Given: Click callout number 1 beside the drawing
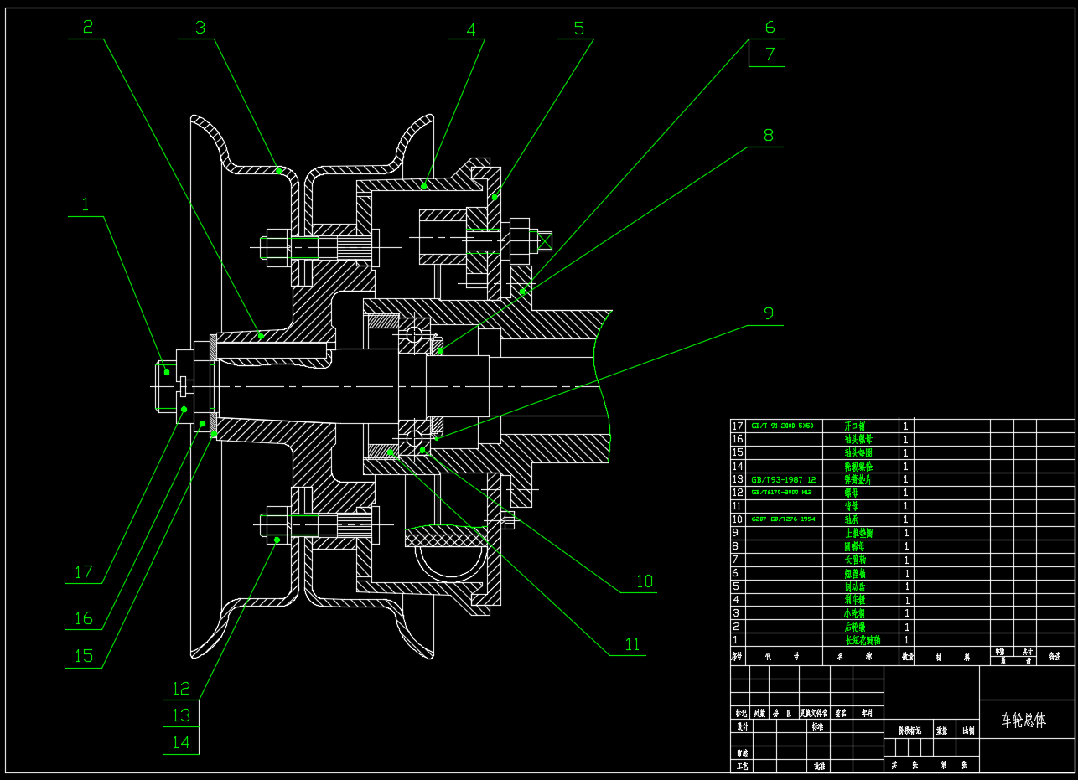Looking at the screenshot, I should pyautogui.click(x=85, y=204).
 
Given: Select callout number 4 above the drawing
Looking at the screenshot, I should pyautogui.click(x=471, y=30).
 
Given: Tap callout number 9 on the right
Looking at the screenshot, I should pyautogui.click(x=769, y=314).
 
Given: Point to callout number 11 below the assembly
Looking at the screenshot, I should pyautogui.click(x=632, y=644).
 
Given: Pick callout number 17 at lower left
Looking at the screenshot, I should pyautogui.click(x=83, y=573).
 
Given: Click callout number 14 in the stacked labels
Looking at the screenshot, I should pyautogui.click(x=181, y=742).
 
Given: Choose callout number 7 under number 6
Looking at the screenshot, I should pyautogui.click(x=770, y=55).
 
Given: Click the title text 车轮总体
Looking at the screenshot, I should pyautogui.click(x=1024, y=721).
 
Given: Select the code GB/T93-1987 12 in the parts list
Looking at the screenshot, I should pyautogui.click(x=783, y=480).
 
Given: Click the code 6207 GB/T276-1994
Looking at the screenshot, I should pyautogui.click(x=783, y=519).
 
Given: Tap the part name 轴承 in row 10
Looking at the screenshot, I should pyautogui.click(x=852, y=519).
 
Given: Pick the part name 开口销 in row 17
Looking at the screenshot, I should pyautogui.click(x=855, y=426).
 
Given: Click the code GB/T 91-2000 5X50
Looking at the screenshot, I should pyautogui.click(x=783, y=426).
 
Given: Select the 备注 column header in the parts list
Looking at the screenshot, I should pyautogui.click(x=1055, y=657).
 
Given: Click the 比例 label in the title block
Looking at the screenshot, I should pyautogui.click(x=968, y=731).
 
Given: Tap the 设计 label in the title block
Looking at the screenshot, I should pyautogui.click(x=742, y=727).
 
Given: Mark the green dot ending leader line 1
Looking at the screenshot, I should pyautogui.click(x=167, y=372).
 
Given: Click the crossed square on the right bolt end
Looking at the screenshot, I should pyautogui.click(x=545, y=241).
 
